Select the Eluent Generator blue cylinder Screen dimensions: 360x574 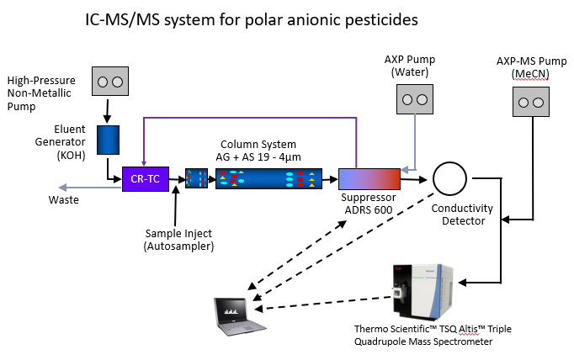pos(109,140)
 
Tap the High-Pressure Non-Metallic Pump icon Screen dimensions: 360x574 pos(109,82)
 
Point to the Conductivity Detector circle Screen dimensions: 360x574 pos(450,178)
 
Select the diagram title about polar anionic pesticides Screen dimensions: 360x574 pos(252,18)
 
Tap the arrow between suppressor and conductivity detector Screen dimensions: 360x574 pos(414,178)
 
